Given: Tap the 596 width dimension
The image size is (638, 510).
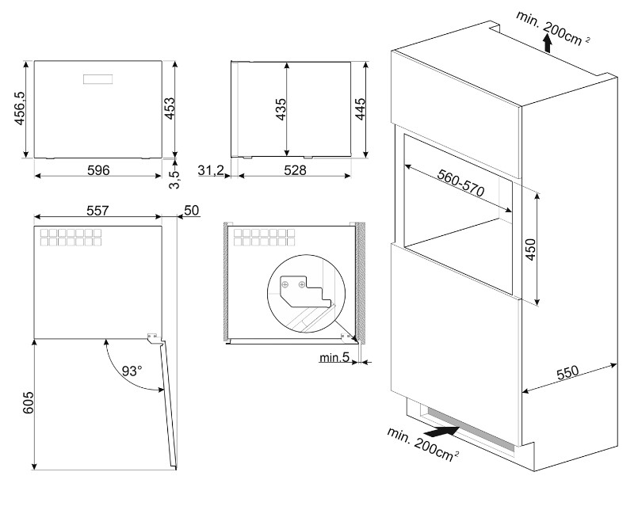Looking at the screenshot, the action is pos(98,170).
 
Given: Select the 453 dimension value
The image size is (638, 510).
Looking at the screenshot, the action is pos(170,108).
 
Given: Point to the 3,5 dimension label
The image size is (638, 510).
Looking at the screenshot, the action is pos(174,179).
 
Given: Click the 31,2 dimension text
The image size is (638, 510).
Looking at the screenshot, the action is pos(211,170).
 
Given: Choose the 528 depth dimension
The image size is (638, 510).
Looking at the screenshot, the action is pos(295,170).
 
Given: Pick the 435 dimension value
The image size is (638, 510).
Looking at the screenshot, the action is pos(281,109).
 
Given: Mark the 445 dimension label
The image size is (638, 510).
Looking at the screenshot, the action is pos(361,109).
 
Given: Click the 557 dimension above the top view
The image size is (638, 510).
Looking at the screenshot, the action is pos(98,211).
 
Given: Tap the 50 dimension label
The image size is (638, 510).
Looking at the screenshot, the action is pos(192,211).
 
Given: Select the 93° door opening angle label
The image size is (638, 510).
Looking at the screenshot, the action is pos(132,371).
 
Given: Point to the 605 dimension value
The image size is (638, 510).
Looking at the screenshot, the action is pos(28,402).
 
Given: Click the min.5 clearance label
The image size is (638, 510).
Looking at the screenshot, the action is pos(334,357).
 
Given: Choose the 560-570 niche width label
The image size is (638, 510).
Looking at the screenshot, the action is pos(461,183).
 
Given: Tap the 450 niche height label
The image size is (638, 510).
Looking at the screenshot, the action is pos(530,249).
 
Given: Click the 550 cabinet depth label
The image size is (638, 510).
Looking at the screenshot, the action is pos(567,372).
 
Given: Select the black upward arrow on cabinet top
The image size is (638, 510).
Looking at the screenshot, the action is pos(548,44).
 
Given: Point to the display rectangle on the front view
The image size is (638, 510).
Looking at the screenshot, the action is pos(98,79).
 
